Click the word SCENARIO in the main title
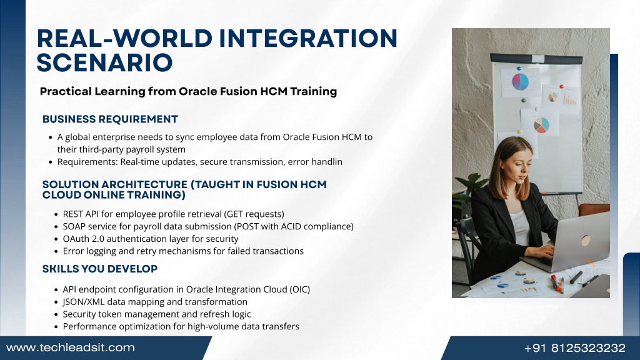click(x=104, y=62)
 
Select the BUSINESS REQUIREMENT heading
click(x=110, y=119)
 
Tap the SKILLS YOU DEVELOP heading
click(x=100, y=269)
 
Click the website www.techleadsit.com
click(x=71, y=347)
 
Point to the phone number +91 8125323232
click(x=575, y=348)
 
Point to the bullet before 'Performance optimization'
click(x=56, y=327)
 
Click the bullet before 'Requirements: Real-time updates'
click(x=51, y=162)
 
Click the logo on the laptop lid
click(x=586, y=240)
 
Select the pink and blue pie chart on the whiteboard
click(x=520, y=82)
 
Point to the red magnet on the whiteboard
click(x=562, y=86)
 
